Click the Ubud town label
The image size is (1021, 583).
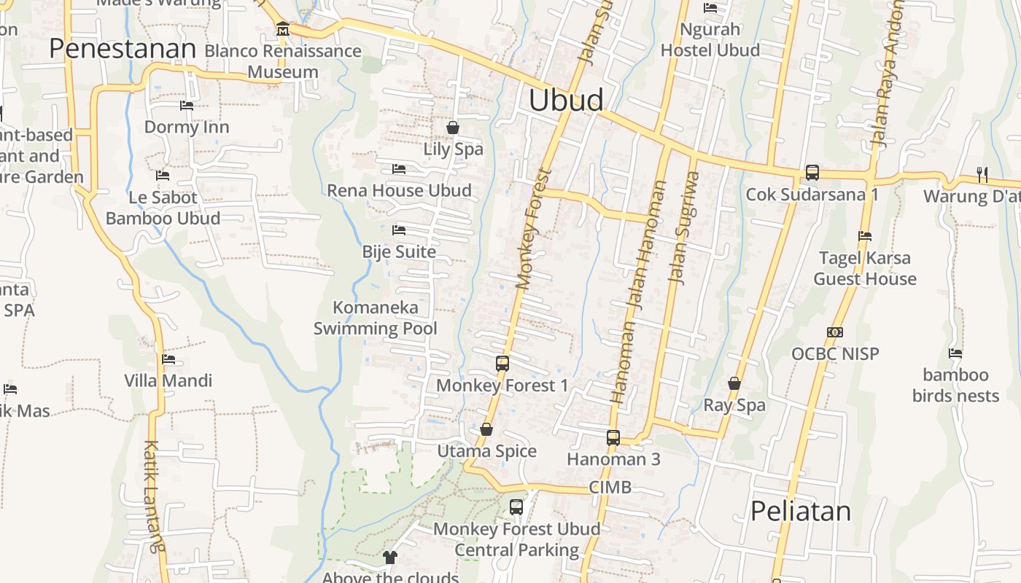(x=566, y=100)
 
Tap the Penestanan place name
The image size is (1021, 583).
(x=123, y=48)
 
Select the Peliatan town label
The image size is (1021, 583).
(x=801, y=511)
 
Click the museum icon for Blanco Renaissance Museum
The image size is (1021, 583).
(x=283, y=29)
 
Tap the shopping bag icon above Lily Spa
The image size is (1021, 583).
(x=453, y=128)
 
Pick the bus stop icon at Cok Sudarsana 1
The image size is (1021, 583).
(x=812, y=173)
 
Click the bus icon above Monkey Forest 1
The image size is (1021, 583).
(x=502, y=363)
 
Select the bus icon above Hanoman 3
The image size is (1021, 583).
(x=613, y=437)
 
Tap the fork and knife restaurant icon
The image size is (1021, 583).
(x=982, y=174)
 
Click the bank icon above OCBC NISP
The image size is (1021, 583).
(x=835, y=332)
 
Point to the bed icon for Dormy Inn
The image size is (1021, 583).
(x=187, y=106)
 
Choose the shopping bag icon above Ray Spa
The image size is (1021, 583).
(x=734, y=383)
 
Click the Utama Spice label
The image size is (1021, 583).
(x=486, y=451)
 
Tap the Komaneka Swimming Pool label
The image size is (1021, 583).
(x=376, y=318)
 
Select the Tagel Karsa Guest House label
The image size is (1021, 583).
(x=864, y=268)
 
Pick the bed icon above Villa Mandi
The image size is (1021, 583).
(x=168, y=359)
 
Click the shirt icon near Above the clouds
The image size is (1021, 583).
(x=390, y=557)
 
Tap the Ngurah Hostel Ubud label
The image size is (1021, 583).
(x=710, y=40)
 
